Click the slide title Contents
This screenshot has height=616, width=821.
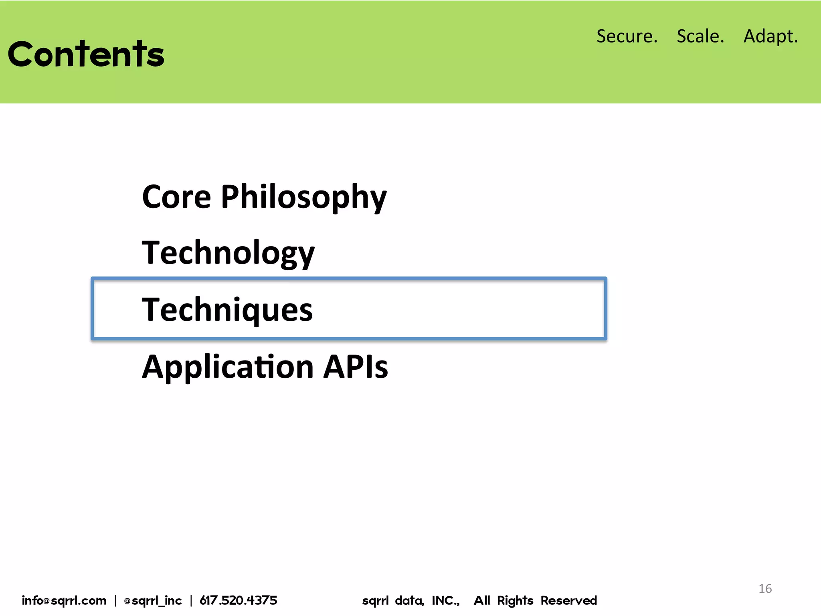[86, 54]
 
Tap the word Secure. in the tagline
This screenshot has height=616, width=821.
[627, 36]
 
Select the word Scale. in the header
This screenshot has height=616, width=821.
[700, 36]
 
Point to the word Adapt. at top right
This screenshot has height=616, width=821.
[770, 36]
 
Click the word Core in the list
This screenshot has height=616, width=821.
[176, 197]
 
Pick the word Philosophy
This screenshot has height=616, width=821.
[303, 197]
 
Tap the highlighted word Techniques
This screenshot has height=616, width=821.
[227, 310]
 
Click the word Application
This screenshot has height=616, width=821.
[228, 367]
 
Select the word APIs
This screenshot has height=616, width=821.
[355, 367]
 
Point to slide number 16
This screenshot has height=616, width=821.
[765, 588]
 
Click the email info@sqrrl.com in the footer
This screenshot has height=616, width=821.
[64, 600]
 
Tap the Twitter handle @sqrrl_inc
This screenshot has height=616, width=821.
[153, 600]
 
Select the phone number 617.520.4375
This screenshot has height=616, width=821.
[238, 600]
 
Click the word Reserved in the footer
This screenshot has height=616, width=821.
[568, 600]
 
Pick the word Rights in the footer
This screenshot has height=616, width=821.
[515, 600]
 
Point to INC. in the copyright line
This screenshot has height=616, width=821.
[445, 600]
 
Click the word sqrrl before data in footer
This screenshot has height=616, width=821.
[375, 600]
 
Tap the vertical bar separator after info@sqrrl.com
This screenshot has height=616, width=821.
[115, 600]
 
